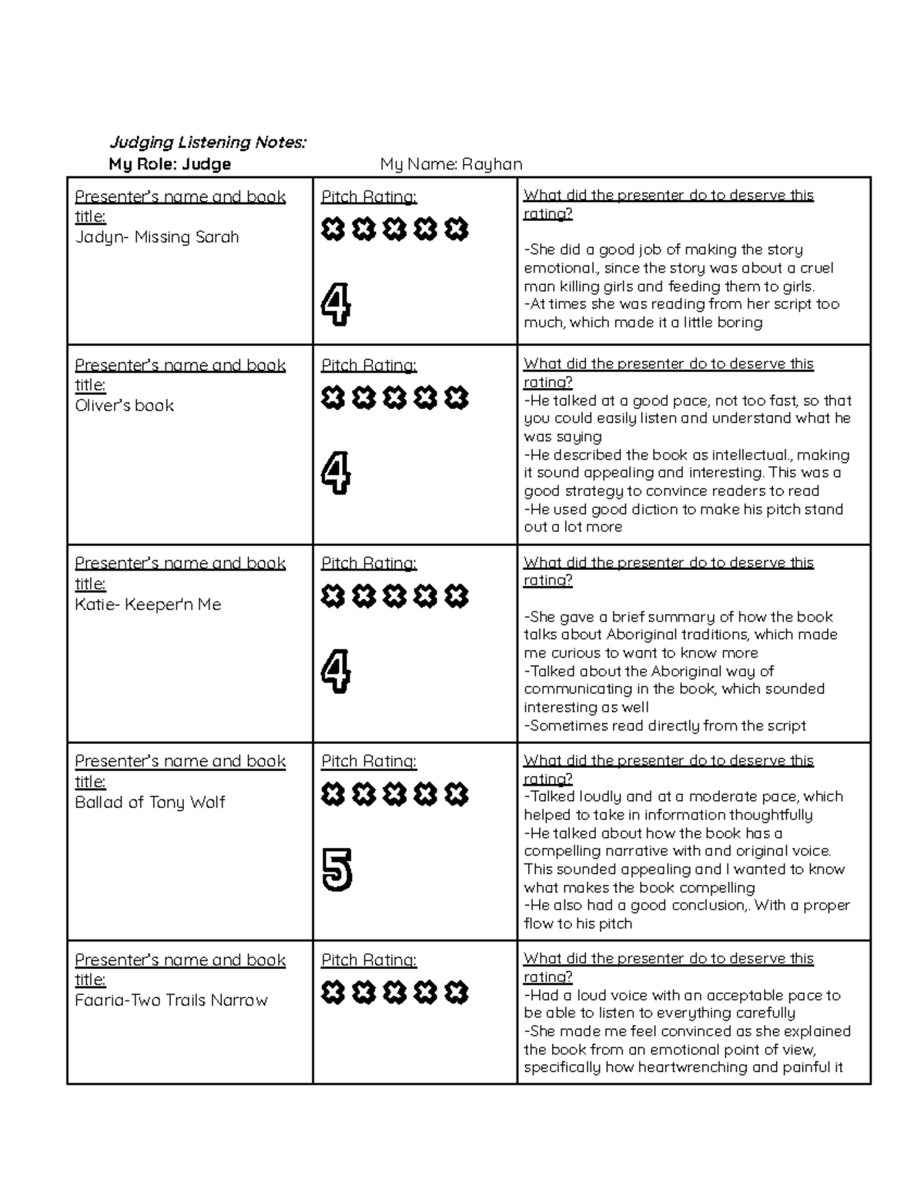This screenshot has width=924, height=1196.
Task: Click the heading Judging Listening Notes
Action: pyautogui.click(x=207, y=142)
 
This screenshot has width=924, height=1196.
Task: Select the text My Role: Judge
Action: pyautogui.click(x=169, y=164)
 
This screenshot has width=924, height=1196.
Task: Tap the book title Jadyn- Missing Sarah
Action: pyautogui.click(x=157, y=237)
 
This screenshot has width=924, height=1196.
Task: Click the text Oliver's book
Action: pyautogui.click(x=125, y=406)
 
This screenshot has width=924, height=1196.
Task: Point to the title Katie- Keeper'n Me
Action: pyautogui.click(x=148, y=605)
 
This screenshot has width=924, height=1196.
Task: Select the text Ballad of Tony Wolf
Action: pyautogui.click(x=150, y=802)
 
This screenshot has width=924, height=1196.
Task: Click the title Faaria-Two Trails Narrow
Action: pyautogui.click(x=171, y=1000)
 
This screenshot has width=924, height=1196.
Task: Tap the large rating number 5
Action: pyautogui.click(x=336, y=869)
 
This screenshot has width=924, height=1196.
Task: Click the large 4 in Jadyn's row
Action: pyautogui.click(x=336, y=305)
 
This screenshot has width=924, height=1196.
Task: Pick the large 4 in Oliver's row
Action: pyautogui.click(x=336, y=473)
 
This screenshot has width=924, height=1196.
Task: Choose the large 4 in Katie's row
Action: pyautogui.click(x=336, y=672)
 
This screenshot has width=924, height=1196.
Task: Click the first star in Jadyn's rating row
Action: pyautogui.click(x=333, y=229)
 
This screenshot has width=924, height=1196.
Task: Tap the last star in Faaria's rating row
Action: pyautogui.click(x=456, y=993)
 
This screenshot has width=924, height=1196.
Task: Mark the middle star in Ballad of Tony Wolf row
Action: pyautogui.click(x=394, y=794)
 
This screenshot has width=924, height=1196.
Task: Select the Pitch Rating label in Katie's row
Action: pyautogui.click(x=369, y=564)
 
